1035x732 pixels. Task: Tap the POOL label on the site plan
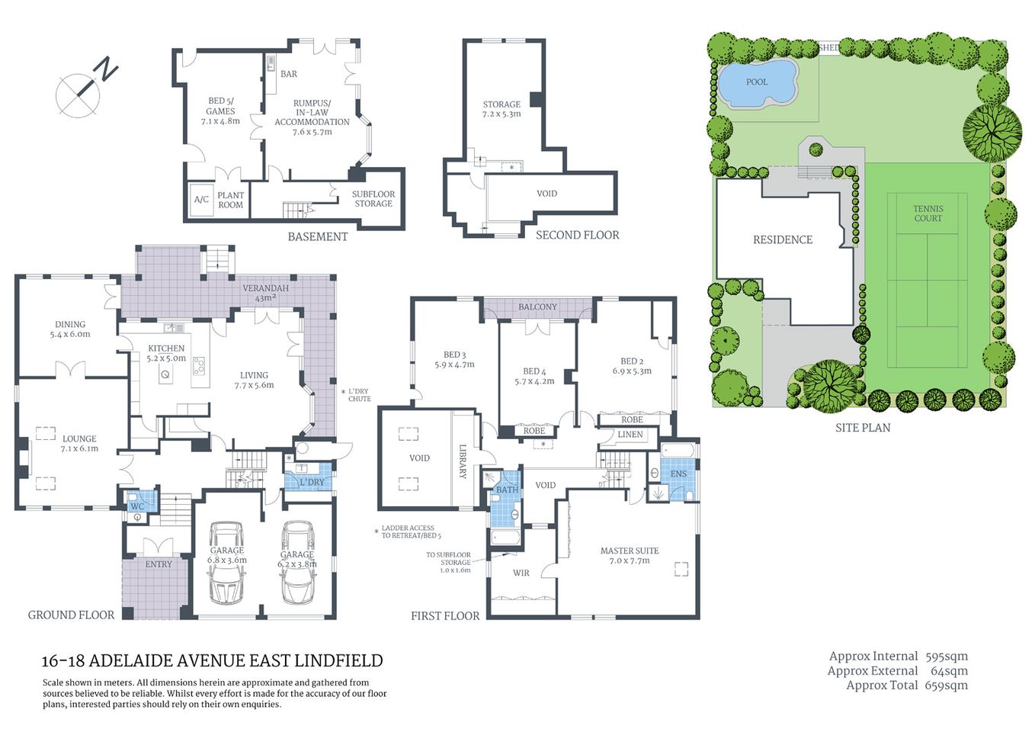pos(756,82)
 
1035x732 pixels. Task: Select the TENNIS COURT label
pos(928,213)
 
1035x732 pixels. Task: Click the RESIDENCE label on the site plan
pos(782,239)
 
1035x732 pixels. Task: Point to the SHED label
pos(828,47)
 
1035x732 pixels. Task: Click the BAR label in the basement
pos(289,74)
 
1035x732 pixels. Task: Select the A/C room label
pos(201,200)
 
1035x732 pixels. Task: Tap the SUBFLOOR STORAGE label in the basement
pos(373,199)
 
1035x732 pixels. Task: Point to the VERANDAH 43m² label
pos(265,293)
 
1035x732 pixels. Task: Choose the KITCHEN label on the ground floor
pos(166,348)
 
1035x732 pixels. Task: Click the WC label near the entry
pos(137,506)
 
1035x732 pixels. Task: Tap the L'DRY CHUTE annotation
pos(358,395)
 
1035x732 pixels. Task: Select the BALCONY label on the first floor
pos(537,307)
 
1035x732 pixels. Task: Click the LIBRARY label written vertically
pos(462,461)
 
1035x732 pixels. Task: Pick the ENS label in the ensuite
pos(678,474)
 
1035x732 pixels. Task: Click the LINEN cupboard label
pos(630,435)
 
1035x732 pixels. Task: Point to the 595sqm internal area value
pos(946,657)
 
